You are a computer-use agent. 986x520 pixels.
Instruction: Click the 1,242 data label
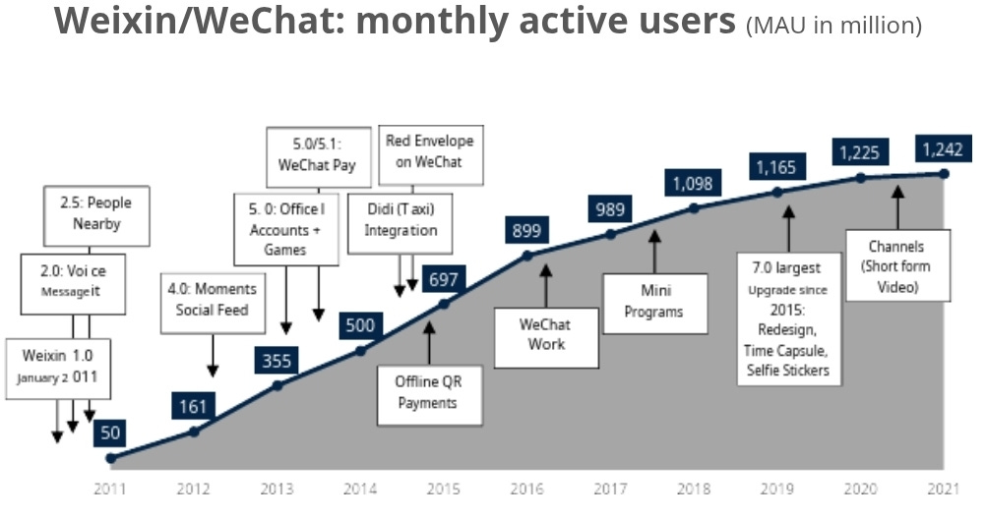943,149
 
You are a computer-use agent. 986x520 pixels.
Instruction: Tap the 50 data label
110,433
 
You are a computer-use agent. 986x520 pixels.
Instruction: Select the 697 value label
444,279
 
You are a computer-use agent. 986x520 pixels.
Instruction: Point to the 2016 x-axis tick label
527,488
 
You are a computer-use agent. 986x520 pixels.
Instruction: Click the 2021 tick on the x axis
944,488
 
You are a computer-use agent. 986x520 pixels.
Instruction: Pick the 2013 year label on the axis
277,488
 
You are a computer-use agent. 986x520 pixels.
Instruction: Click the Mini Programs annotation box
654,304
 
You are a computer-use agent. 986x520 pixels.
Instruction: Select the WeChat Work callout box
546,338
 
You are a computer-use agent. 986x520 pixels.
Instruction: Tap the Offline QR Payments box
429,395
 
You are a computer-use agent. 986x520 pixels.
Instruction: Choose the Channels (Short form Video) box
897,265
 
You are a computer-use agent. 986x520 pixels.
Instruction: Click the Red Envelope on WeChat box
431,155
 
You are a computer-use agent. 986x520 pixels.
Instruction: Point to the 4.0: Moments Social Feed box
213,304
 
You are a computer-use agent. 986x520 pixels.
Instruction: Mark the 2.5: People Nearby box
96,215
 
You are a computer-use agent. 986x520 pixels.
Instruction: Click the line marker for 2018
694,208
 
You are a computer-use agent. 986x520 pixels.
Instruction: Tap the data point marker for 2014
360,350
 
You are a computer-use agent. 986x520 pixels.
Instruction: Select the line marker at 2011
110,458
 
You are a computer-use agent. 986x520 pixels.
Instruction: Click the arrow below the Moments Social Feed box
213,356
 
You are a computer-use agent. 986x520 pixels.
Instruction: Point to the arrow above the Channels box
897,207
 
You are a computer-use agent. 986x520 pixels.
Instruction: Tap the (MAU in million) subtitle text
833,26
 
